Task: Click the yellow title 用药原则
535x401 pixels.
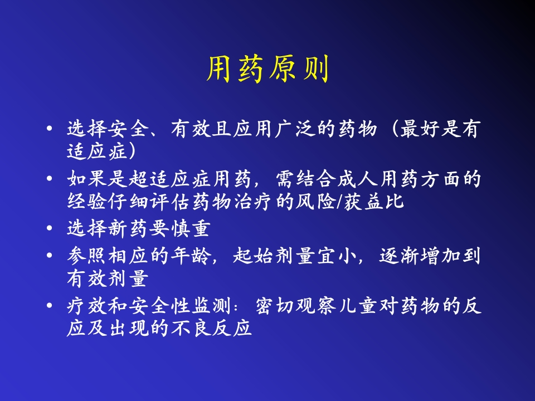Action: click(267, 69)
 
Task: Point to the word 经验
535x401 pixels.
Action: click(86, 201)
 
